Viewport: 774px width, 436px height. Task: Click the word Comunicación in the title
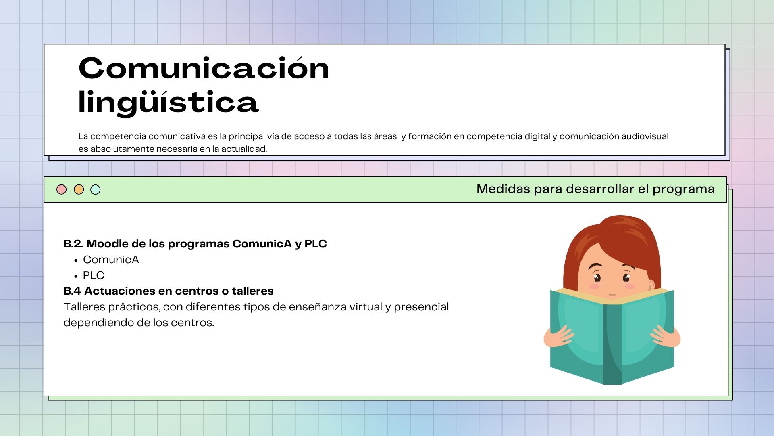(204, 68)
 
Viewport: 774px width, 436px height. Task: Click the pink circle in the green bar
(61, 189)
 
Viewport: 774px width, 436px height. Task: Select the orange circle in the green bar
(79, 189)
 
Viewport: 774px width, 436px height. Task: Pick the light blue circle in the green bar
(96, 189)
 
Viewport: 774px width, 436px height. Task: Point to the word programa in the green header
(683, 190)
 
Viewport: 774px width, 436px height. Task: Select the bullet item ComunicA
(111, 260)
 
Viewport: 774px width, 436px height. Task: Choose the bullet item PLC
(94, 275)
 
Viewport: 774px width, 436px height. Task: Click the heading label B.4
(72, 291)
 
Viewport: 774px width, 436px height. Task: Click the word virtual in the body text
(366, 307)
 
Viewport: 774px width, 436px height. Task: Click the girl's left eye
(597, 277)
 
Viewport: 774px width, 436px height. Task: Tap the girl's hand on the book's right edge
(666, 336)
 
